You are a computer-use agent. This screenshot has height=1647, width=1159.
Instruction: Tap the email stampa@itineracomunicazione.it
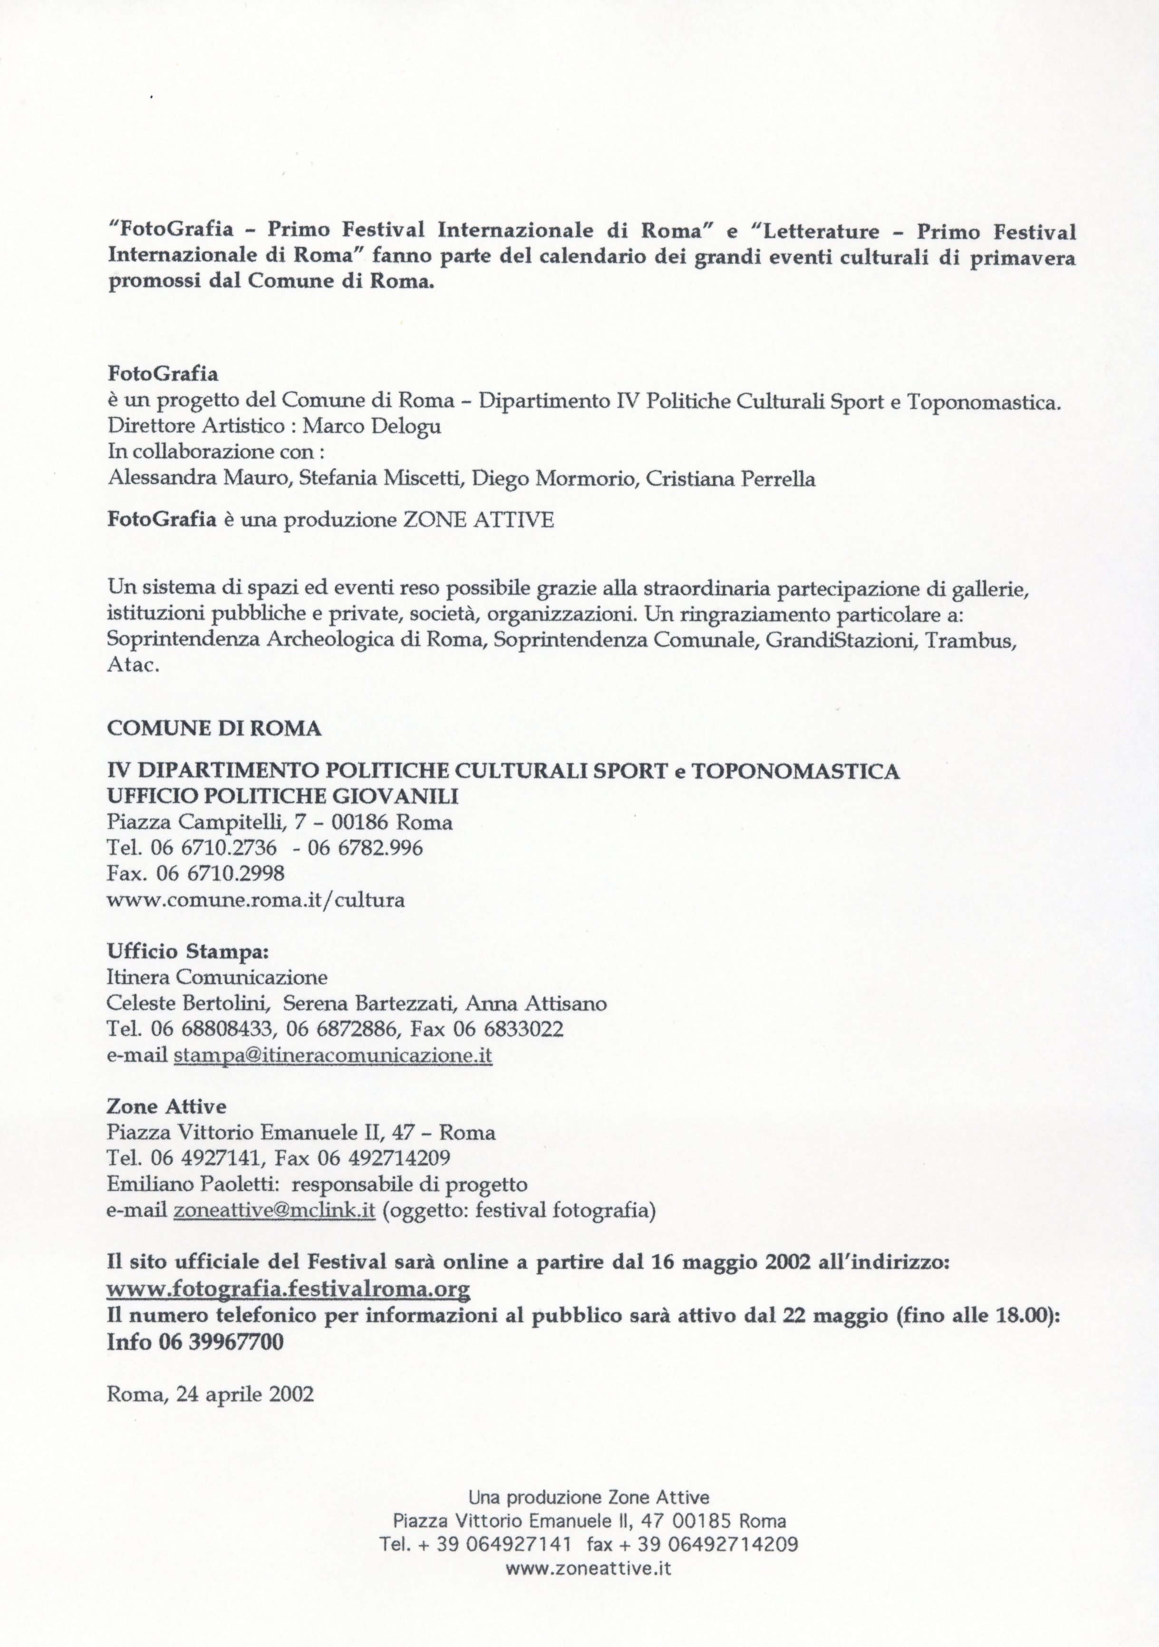pos(333,1056)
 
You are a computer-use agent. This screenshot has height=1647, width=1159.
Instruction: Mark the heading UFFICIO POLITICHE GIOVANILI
pos(283,796)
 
